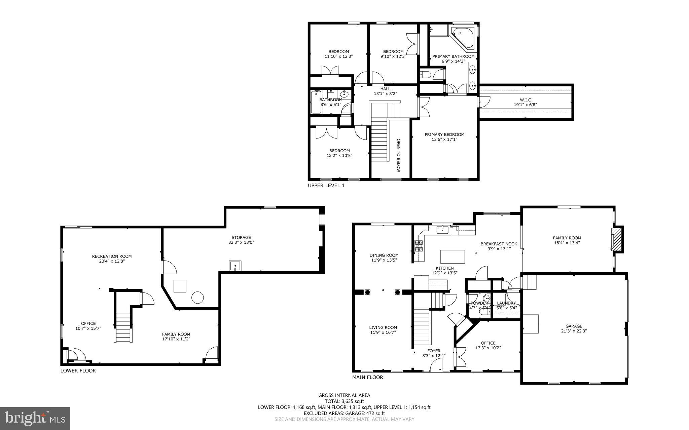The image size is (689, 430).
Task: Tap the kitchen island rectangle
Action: coord(452,257)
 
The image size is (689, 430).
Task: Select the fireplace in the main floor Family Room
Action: coord(617,239)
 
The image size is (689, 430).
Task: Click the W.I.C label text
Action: coord(525,100)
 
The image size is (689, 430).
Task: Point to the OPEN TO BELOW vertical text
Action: coord(398,155)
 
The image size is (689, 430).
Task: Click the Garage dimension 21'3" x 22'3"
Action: coord(574,331)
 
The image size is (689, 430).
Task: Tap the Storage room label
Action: coord(241,237)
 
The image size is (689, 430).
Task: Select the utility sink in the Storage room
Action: coord(235,266)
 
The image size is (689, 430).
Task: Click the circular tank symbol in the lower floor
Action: coord(197,297)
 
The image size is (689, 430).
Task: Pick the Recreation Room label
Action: coord(112,256)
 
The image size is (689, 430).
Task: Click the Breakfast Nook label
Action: coord(499,244)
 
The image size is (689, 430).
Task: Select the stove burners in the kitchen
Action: coord(419,246)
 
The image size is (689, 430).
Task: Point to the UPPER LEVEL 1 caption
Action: coord(326,186)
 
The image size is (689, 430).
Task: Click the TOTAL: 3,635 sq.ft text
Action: coord(344,401)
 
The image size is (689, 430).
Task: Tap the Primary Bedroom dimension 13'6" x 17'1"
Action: coord(444,139)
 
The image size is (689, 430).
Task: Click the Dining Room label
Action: coord(384,255)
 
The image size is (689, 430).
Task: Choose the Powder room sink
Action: coord(486,299)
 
